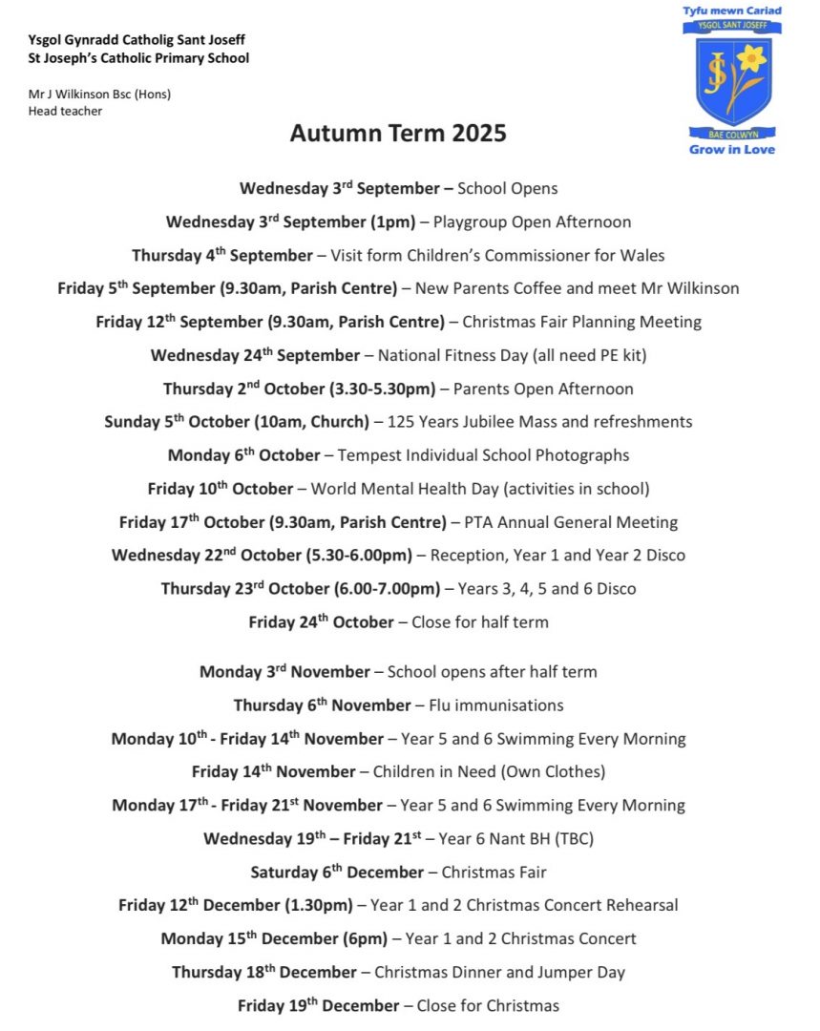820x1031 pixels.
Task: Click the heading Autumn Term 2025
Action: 398,133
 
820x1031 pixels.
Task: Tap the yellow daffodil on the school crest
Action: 750,61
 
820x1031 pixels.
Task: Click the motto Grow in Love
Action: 732,150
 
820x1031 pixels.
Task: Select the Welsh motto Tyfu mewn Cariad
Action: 732,11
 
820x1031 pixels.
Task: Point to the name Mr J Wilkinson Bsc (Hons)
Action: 100,94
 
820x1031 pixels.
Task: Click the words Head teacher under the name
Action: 65,111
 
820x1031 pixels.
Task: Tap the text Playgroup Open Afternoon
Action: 532,222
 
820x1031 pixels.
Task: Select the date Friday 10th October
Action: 221,489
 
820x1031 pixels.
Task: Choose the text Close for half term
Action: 479,622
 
